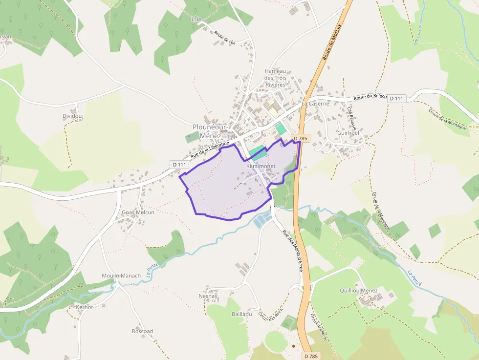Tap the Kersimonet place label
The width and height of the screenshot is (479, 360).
261,166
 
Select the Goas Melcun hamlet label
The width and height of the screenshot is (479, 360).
138,212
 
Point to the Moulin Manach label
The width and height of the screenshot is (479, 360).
121,275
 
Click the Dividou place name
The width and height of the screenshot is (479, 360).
72,116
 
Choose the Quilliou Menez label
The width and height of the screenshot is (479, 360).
359,291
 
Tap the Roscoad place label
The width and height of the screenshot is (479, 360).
142,331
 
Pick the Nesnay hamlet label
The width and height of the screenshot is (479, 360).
208,296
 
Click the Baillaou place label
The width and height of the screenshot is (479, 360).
242,314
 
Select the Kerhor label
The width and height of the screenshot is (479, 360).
85,307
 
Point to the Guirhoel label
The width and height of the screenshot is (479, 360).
348,133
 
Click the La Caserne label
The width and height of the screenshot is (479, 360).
315,104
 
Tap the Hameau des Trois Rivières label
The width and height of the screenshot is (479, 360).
275,78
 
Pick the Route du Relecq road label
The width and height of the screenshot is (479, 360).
370,98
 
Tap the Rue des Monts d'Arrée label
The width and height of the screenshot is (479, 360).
293,250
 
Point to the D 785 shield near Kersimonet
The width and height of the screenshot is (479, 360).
300,139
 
